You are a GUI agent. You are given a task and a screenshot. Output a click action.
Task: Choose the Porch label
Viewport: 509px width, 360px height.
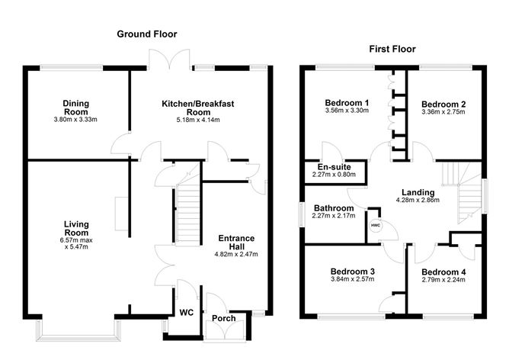click(x=223, y=318)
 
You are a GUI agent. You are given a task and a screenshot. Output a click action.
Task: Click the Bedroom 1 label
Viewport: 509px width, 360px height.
click(x=347, y=103)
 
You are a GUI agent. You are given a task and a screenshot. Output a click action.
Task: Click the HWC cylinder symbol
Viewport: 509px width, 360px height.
click(x=376, y=226)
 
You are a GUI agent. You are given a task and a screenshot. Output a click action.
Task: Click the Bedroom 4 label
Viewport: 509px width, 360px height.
click(x=443, y=272)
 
